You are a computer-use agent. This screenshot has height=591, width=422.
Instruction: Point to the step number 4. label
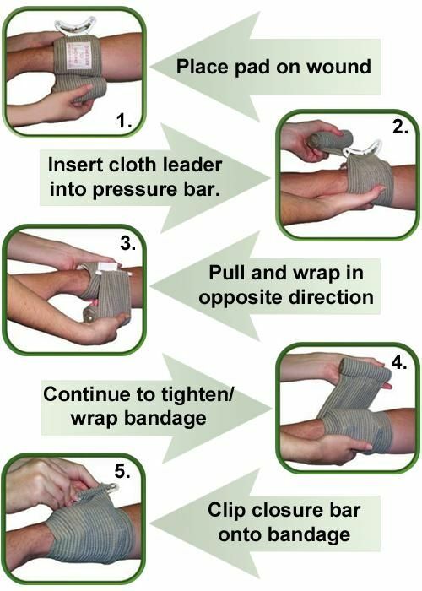pyautogui.click(x=400, y=363)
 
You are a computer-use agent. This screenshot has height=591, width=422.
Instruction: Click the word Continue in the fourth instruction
pyautogui.click(x=80, y=394)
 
